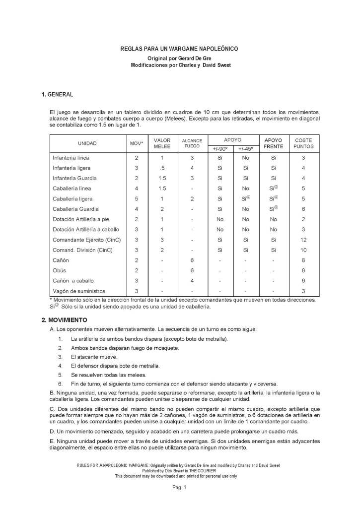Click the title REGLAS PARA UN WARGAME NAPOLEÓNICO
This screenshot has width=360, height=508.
pos(179,49)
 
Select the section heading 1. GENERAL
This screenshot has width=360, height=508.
pos(58,94)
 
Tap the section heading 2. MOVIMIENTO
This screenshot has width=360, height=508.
pos(65,320)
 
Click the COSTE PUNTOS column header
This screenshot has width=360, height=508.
pos(303,143)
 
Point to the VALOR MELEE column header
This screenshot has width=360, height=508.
pos(162,143)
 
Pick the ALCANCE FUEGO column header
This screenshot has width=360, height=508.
pos(192,143)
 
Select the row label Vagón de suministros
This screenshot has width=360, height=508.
pos(79,291)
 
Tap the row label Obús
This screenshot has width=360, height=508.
pos(60,270)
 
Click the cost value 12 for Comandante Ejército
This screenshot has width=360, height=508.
pos(303,240)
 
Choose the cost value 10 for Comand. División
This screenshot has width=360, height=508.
pos(303,250)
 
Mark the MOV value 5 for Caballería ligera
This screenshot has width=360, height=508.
pos(136,198)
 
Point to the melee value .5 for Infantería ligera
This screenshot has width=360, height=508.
pos(162,168)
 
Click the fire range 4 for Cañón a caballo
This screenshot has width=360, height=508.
pos(192,281)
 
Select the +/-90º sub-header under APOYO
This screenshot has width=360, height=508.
pos(220,149)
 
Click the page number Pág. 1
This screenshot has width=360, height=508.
pos(179,488)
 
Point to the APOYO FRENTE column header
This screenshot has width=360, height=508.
pos(274,143)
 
